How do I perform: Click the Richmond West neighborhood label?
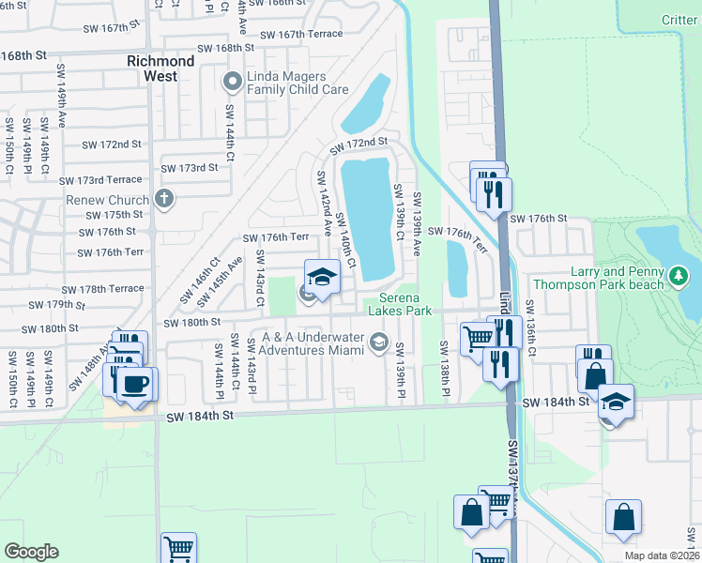point(160,68)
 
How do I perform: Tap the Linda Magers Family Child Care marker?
point(231,83)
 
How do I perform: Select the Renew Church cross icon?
point(164,199)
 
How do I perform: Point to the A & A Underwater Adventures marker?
point(378,342)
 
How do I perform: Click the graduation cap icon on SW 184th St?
point(615,402)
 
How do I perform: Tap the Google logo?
point(32,552)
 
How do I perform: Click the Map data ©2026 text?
point(661,555)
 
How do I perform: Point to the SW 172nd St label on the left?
point(111,145)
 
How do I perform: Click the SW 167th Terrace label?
point(301,35)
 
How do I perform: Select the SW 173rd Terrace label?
point(100,180)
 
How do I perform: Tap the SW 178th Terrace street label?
point(102,290)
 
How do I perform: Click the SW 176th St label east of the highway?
point(535,218)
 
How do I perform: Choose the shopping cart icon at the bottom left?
point(178,548)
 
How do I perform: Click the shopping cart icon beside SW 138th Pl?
point(479,337)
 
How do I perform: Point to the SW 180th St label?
point(192,323)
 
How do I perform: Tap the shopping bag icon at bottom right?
point(623,517)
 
